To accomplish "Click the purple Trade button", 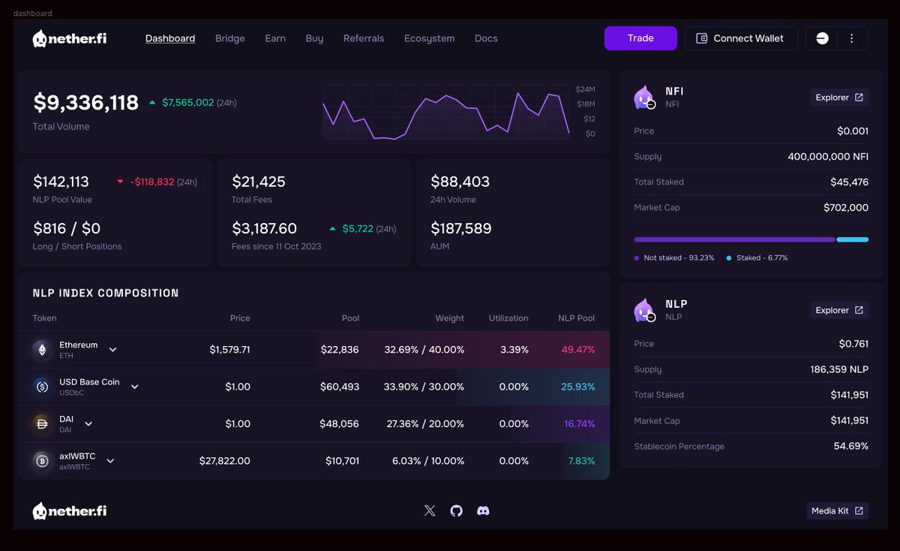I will [640, 38].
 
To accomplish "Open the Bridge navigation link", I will [229, 38].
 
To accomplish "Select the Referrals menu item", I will [364, 38].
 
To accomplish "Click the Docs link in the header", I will [486, 38].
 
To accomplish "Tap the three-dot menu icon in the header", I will [851, 38].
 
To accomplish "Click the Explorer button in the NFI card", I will [839, 98].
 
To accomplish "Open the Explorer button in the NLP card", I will [839, 310].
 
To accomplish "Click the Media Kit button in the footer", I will [837, 511].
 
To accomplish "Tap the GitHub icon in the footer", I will [456, 510].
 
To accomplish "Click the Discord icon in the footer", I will [483, 510].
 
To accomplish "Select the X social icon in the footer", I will [430, 510].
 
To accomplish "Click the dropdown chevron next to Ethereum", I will [113, 350].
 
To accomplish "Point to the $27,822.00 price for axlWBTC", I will [225, 461].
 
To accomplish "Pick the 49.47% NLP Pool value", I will [577, 350].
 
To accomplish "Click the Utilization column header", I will [508, 318].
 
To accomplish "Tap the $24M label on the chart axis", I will [585, 89].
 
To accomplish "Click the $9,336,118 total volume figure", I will [86, 103].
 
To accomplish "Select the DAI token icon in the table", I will [41, 423].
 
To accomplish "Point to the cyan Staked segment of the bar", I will [852, 239].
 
